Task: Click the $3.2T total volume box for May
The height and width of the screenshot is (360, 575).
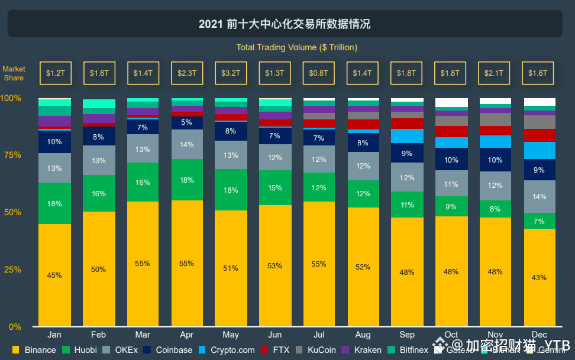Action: click(230, 73)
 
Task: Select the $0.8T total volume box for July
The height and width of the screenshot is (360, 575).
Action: click(318, 73)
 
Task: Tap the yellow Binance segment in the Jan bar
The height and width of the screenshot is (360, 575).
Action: click(54, 275)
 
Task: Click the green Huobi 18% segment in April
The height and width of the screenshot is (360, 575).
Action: click(186, 180)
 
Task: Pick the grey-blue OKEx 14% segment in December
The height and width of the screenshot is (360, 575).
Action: click(539, 196)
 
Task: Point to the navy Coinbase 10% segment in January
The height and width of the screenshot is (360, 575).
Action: click(54, 142)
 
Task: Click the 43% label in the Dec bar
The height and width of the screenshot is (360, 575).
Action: click(539, 277)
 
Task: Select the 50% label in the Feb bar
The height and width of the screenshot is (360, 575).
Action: click(98, 270)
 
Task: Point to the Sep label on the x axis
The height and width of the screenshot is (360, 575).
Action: click(406, 334)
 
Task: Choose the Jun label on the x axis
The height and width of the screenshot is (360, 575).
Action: click(274, 334)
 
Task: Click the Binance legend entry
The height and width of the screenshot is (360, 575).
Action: click(35, 350)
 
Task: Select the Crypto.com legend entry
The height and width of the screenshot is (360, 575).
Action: click(226, 350)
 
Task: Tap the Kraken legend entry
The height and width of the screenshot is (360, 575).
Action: click(361, 350)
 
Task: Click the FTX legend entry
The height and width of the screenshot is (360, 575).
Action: click(275, 350)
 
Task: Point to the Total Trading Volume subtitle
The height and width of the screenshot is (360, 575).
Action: click(296, 47)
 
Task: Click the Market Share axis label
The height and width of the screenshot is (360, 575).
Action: click(14, 73)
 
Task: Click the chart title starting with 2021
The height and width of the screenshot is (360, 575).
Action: click(285, 24)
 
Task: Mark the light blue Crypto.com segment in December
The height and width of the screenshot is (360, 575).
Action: click(539, 150)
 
